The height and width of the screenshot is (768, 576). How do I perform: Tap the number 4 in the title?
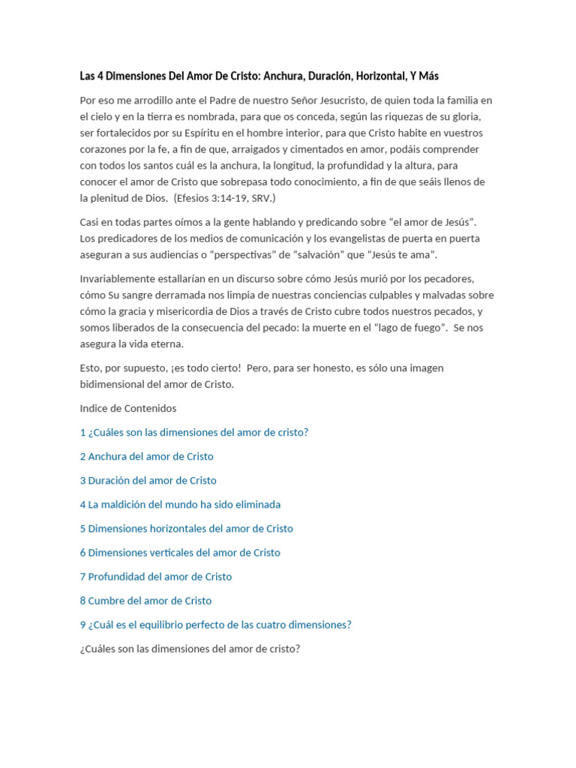(103, 76)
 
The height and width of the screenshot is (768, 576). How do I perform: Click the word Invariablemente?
(119, 279)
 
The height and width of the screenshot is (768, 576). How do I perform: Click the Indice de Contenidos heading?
(128, 408)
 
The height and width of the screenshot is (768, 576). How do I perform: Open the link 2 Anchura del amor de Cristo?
(147, 456)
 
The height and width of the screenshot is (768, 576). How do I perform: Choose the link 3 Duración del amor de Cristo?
(148, 480)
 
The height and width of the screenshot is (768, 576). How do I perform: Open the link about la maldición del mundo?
(180, 504)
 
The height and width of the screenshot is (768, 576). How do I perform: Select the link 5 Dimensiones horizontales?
(187, 528)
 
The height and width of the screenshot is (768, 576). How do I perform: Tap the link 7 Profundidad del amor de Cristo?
(156, 576)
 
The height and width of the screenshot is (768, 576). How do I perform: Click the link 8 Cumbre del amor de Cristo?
(146, 600)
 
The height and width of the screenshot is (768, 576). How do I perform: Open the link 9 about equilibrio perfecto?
(216, 624)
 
